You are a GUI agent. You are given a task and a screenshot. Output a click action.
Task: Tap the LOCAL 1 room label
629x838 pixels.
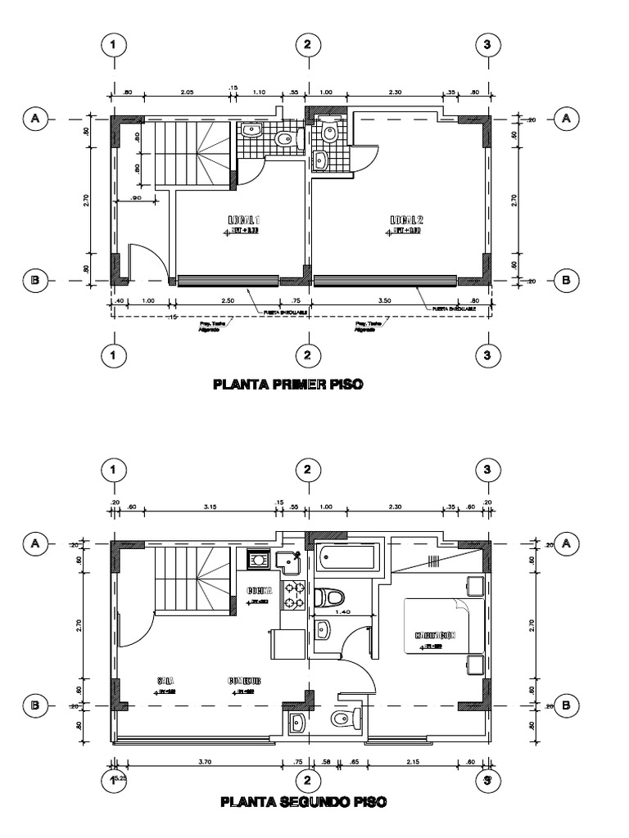pos(243,220)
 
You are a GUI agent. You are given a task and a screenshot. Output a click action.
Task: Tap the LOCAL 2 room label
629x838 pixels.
pos(405,220)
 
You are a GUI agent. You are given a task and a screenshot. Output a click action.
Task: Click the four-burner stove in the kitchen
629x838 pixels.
pos(294,596)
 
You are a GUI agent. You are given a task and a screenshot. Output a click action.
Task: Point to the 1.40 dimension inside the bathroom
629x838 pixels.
pos(343,611)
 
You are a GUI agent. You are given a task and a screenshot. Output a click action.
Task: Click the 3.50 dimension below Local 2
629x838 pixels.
pos(384,301)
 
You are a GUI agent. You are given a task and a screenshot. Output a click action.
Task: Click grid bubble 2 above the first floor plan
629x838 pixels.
pos(306,45)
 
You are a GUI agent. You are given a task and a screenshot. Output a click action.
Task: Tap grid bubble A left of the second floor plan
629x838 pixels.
pos(35,542)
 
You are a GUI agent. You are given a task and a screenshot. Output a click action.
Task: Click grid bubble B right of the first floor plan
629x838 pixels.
pos(565,280)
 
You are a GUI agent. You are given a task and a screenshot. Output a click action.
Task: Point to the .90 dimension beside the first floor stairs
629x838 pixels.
pos(135,197)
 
